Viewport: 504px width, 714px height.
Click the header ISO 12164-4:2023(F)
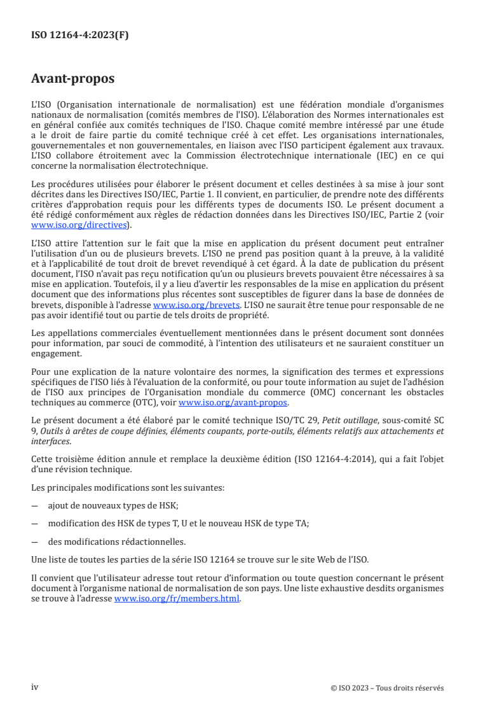80,36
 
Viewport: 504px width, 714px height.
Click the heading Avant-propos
72,80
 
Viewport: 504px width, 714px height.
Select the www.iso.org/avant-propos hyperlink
233,403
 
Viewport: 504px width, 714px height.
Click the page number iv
35,687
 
